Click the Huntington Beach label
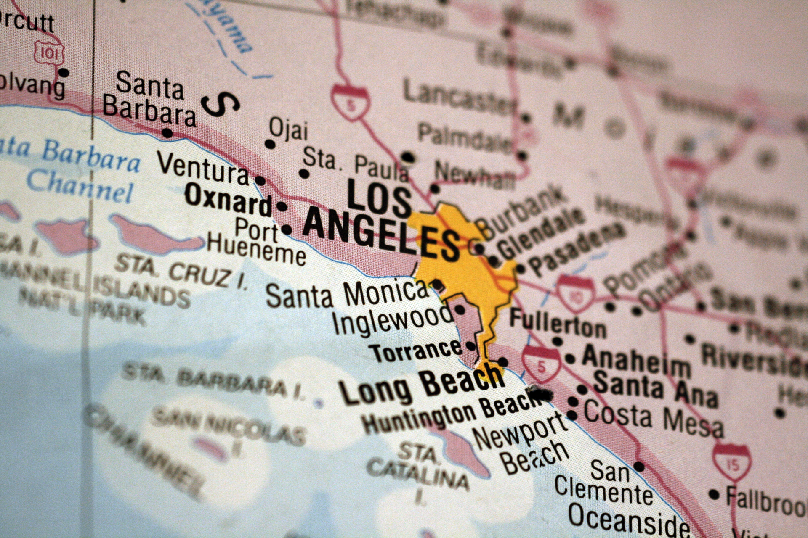point(449,413)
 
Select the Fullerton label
point(558,324)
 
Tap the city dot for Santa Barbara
point(167,133)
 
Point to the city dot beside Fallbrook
point(714,494)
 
